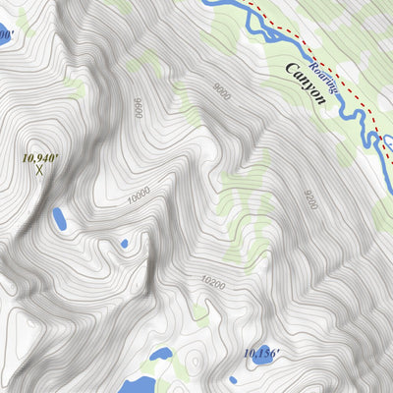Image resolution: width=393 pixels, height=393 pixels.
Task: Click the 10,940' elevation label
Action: click(40, 156)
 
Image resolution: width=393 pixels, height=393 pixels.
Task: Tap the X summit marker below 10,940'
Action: click(39, 171)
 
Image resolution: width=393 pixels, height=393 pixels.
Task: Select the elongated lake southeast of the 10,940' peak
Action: click(59, 218)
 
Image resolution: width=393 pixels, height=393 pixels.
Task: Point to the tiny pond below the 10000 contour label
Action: click(124, 244)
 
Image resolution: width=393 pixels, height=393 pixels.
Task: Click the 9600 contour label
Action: click(138, 106)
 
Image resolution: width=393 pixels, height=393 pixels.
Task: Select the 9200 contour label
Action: click(311, 200)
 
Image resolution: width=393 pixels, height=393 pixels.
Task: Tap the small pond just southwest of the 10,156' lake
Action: click(233, 379)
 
